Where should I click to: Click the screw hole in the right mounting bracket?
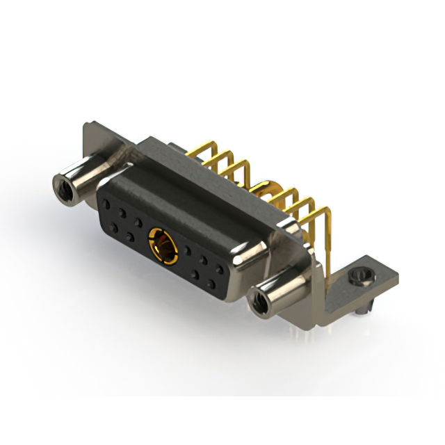[359, 277]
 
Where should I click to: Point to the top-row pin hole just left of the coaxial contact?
[139, 222]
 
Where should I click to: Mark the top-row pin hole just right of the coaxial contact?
[188, 249]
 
